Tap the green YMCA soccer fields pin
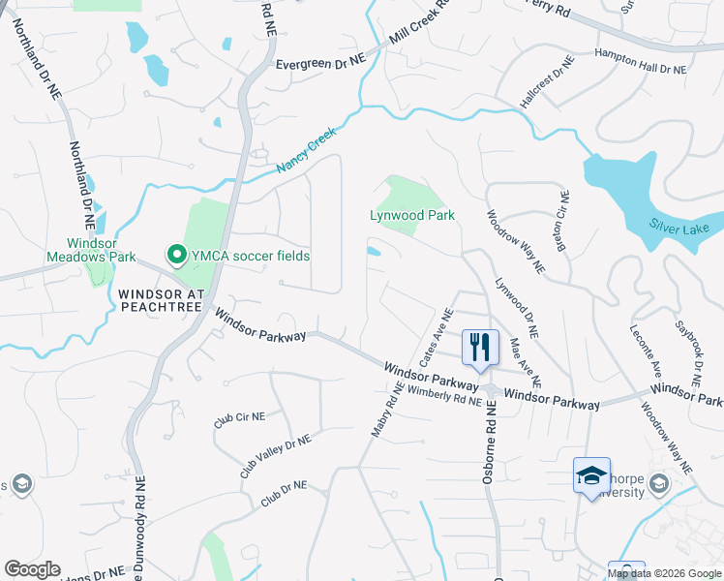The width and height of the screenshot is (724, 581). pos(177,255)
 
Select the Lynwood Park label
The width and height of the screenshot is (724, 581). pos(412,215)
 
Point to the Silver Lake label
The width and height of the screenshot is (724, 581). pos(679,229)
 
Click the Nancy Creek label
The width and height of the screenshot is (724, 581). pos(305,154)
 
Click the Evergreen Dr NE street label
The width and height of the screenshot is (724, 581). pos(320,62)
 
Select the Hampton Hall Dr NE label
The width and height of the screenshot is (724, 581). pos(640,63)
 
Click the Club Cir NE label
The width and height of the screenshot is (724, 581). pos(238,420)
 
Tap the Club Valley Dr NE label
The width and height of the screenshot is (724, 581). pos(276,455)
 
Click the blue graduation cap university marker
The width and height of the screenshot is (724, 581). pos(591,475)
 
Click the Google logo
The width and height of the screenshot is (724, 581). pos(32,569)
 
